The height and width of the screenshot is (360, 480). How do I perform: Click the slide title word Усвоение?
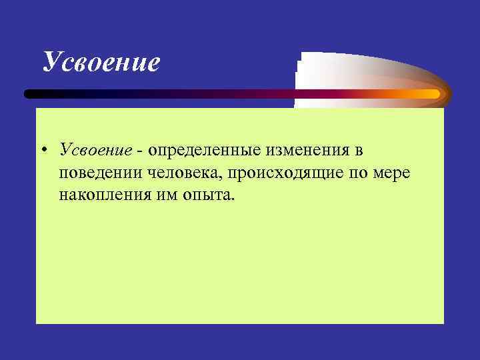point(101,62)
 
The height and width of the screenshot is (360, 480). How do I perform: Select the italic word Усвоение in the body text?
point(94,152)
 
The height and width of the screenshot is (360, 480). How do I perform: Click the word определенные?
point(195,153)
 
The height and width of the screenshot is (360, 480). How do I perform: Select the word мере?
point(394,175)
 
